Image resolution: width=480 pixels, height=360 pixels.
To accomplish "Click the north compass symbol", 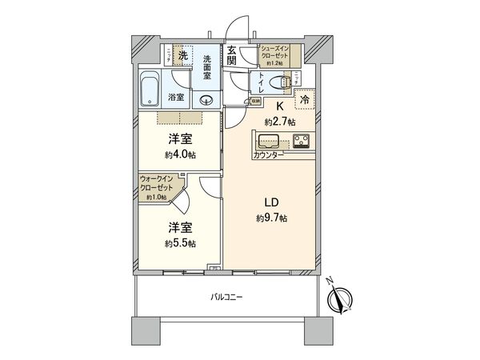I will click(340, 300).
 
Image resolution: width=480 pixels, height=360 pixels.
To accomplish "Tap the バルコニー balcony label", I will click(226, 297).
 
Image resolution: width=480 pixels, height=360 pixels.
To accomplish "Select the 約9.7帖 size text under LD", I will click(272, 218).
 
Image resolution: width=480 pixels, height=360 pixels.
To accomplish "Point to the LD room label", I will click(272, 203).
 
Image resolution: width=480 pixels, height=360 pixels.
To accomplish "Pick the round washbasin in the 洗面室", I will click(207, 100).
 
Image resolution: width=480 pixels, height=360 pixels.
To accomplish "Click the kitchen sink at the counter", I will click(267, 142).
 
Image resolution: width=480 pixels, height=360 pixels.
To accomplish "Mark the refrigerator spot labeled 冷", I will click(305, 100).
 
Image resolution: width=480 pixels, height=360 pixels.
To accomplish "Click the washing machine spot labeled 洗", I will click(182, 55).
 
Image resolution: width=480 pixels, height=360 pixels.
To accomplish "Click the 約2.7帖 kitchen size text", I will click(281, 121).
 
